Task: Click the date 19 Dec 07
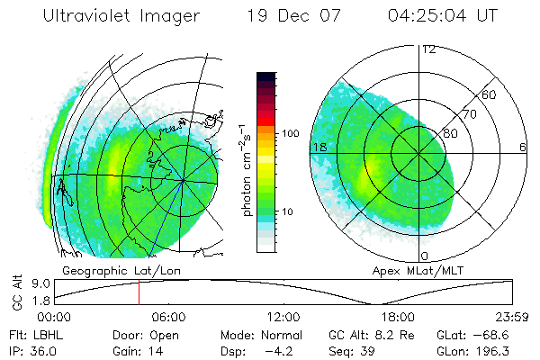tap(289, 17)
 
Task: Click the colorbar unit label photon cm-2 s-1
tap(246, 166)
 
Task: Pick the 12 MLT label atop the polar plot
tap(428, 49)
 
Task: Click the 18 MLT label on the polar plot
tap(319, 147)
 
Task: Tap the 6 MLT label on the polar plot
tap(524, 147)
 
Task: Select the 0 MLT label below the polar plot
tap(425, 256)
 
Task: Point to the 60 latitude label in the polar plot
tap(490, 94)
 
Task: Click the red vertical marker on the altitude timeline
tap(139, 292)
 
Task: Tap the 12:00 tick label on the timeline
tap(283, 317)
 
